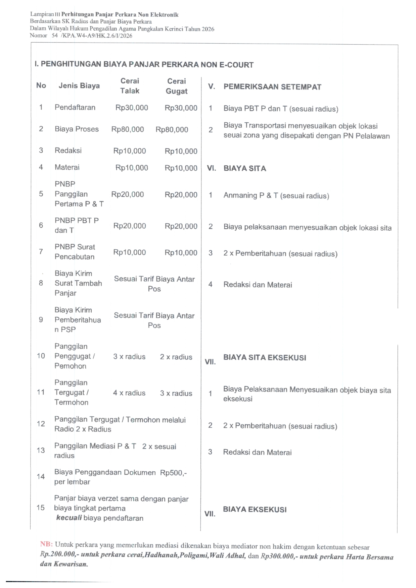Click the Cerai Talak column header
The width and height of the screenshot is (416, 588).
tap(130, 86)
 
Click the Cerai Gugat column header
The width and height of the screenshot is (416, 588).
tap(177, 86)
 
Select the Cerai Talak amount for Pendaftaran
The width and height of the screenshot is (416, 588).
tap(132, 108)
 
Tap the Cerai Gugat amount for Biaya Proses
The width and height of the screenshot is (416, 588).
tap(172, 130)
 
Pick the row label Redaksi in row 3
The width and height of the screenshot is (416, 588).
tap(68, 151)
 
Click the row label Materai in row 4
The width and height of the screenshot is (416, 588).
tap(67, 167)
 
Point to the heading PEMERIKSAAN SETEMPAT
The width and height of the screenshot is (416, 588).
tap(272, 87)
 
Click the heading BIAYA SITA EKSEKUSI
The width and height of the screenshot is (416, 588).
tap(265, 358)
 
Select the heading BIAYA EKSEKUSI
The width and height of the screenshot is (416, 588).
tap(255, 510)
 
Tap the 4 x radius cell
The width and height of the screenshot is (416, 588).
tap(129, 393)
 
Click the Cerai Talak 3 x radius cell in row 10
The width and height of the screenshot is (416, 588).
tap(129, 357)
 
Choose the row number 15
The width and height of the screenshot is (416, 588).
tap(41, 508)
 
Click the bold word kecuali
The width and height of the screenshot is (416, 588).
tap(69, 518)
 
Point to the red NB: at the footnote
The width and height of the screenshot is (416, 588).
tap(46, 544)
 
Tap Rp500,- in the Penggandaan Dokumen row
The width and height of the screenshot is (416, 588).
tap(173, 473)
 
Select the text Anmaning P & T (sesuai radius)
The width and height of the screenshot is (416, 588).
tap(276, 195)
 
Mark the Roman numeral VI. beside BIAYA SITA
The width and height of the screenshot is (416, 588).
tap(211, 168)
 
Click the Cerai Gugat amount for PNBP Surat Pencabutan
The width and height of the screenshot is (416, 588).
tap(181, 253)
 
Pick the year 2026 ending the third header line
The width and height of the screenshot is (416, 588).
tap(208, 29)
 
